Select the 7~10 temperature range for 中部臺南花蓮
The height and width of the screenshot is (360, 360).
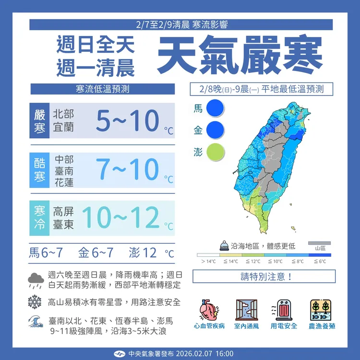coord(127,168)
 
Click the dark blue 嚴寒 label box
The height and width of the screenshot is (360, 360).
coord(39,121)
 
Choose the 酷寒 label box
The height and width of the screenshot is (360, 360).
coord(39,169)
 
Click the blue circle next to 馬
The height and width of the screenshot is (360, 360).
coord(215,108)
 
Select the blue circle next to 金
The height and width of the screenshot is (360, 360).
coord(215,130)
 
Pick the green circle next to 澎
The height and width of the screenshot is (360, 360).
coord(215,151)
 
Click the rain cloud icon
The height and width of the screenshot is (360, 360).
coord(36,279)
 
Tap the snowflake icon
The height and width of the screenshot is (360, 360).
coord(35,302)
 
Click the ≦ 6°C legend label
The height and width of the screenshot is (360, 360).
coord(320,261)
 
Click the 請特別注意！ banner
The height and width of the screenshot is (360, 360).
coord(264,276)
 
